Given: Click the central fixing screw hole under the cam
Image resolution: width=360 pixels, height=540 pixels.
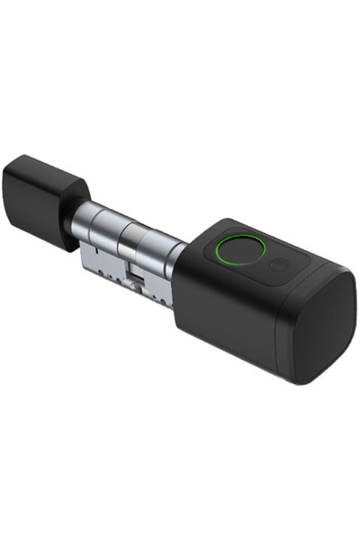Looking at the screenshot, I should [135, 286].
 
